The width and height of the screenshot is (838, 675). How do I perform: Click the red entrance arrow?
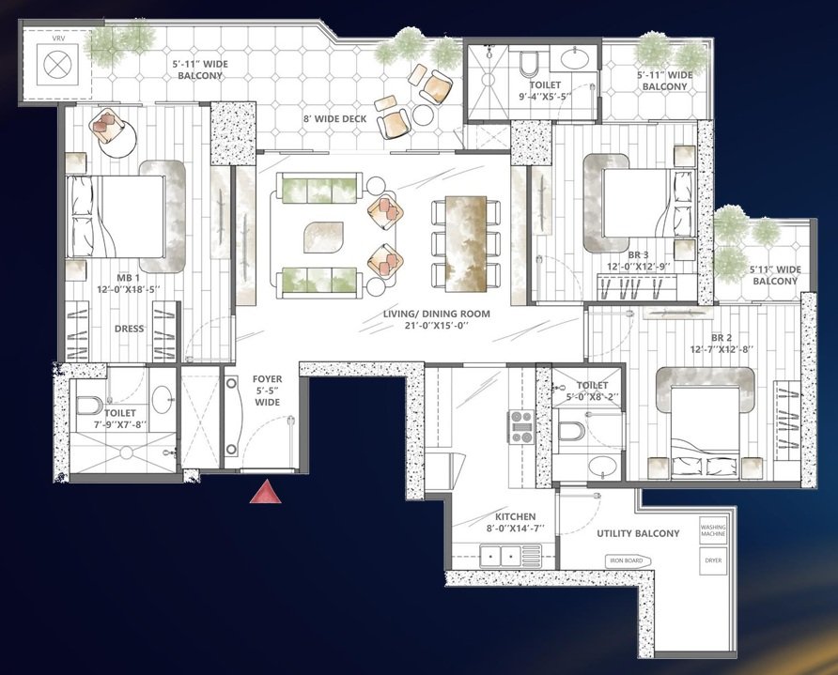[266, 492]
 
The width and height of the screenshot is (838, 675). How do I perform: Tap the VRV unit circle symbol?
[57, 65]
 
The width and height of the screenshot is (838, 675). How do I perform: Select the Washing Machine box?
[713, 530]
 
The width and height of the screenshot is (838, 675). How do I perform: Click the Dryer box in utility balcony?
[713, 560]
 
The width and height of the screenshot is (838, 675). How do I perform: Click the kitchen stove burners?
[520, 426]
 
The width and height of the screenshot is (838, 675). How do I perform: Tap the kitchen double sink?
[500, 556]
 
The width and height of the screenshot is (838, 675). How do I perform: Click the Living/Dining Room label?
[436, 319]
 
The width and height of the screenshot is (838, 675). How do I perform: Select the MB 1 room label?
[129, 284]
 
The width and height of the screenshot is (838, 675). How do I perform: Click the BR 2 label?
[721, 344]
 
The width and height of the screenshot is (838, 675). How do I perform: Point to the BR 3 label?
[638, 261]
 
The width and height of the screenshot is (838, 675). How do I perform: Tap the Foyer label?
[267, 391]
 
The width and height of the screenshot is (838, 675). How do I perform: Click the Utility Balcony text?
[638, 533]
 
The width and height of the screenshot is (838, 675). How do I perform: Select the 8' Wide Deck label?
[334, 118]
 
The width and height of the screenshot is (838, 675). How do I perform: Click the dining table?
[465, 243]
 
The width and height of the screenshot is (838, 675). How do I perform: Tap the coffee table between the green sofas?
[323, 237]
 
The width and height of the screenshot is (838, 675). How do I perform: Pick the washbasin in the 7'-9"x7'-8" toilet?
[163, 397]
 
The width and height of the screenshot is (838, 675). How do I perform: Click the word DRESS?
[130, 329]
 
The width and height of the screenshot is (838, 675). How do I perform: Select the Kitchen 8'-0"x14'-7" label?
[515, 522]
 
